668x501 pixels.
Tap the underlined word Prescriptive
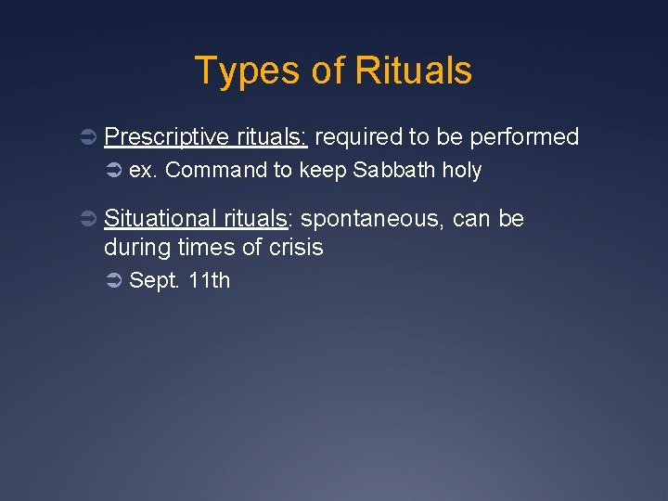tap(166, 137)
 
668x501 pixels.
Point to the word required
tap(358, 137)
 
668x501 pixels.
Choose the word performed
tap(524, 137)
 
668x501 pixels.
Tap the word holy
tap(462, 171)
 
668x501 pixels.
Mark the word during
tap(135, 248)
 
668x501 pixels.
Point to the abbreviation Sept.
tap(153, 280)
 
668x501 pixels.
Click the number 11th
tap(209, 280)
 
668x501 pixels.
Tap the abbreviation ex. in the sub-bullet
tap(142, 171)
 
